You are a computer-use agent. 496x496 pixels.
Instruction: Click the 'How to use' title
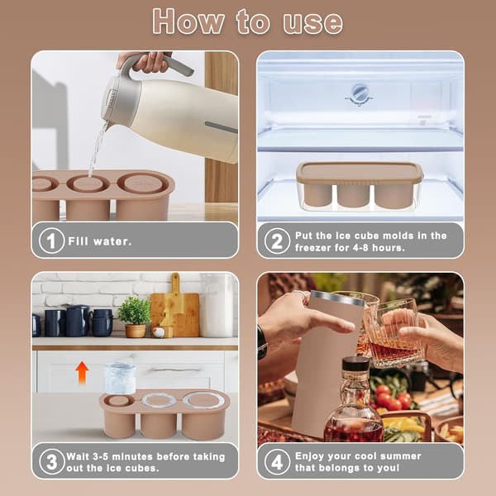(x=247, y=21)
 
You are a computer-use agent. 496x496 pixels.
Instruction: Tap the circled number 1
(x=51, y=241)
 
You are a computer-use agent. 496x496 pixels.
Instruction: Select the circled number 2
(x=277, y=241)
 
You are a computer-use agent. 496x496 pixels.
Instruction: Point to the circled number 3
(x=52, y=461)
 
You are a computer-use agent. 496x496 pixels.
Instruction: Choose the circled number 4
(x=277, y=461)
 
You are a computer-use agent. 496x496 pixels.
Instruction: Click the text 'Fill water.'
(x=100, y=241)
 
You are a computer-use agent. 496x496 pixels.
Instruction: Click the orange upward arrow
(x=82, y=372)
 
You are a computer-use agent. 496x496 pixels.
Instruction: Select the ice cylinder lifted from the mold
(x=120, y=378)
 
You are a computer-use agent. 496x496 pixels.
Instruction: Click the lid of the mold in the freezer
(x=360, y=173)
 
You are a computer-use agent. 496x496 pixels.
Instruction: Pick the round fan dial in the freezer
(x=359, y=94)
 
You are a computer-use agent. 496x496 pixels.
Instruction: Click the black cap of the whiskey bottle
(x=355, y=364)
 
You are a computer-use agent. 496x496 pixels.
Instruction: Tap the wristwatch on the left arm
(x=262, y=342)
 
